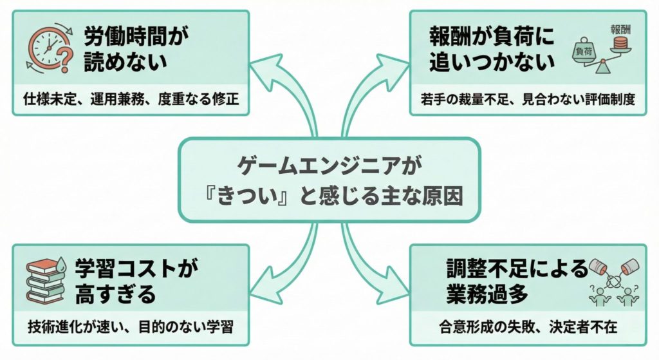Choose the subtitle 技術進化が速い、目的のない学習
tap(131, 327)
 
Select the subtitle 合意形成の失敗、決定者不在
tap(527, 327)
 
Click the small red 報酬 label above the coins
tap(620, 29)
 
